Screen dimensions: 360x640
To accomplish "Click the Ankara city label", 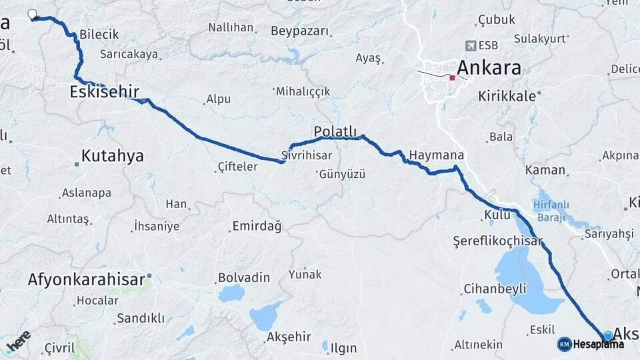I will click(x=489, y=68).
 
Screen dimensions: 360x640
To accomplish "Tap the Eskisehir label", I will click(x=104, y=92).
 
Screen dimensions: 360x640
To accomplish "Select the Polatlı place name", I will click(x=335, y=131).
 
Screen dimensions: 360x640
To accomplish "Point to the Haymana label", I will click(x=436, y=155).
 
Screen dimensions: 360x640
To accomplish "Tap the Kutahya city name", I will click(x=112, y=156).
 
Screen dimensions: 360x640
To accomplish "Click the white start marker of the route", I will click(x=32, y=14).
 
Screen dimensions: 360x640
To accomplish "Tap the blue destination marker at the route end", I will click(x=608, y=336).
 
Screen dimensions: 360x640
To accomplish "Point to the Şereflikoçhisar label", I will click(x=497, y=241).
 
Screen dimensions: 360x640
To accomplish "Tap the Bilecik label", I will click(x=99, y=34).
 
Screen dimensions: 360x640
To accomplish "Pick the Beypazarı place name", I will click(x=300, y=31).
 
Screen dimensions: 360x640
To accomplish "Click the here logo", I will click(x=18, y=342).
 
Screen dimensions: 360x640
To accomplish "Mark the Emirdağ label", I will click(x=257, y=227).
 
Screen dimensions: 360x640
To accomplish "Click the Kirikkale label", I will click(x=507, y=96).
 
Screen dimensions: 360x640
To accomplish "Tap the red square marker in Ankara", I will click(x=452, y=78).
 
